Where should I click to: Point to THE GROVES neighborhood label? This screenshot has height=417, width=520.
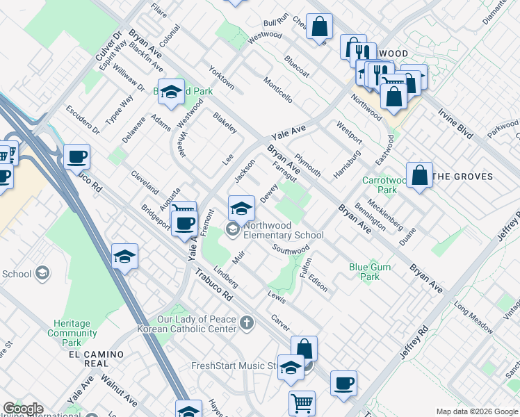(462, 177)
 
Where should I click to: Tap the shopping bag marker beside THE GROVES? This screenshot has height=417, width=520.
(420, 177)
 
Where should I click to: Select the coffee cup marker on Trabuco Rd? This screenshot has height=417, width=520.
(76, 158)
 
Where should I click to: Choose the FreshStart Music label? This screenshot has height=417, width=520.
(234, 366)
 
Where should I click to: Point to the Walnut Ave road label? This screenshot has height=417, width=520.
(118, 389)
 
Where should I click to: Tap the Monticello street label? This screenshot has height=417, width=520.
(277, 90)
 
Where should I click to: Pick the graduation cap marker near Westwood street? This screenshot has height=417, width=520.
(171, 93)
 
